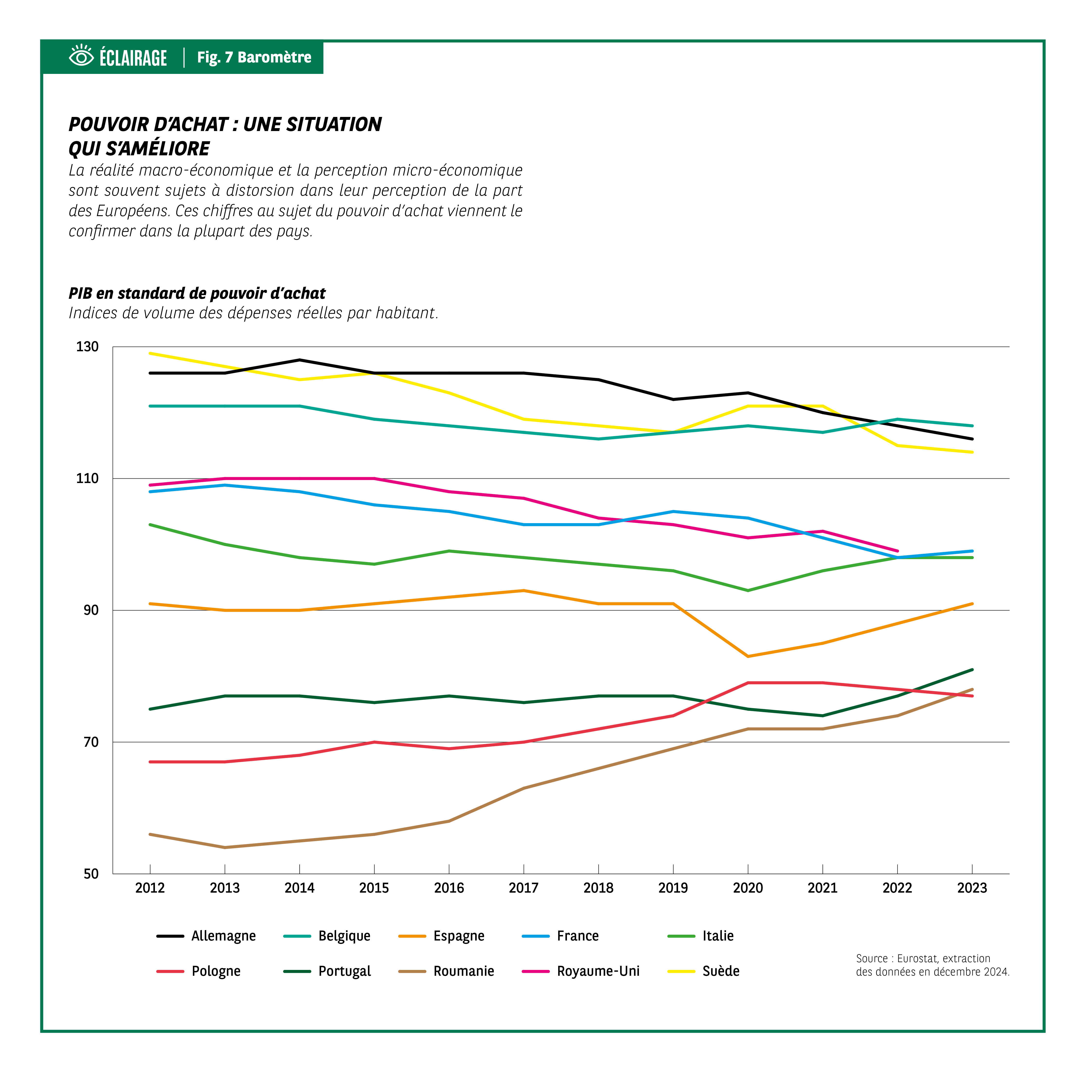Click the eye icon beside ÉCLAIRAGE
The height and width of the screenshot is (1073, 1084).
coord(81,57)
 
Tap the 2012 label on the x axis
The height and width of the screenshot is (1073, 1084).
coord(150,888)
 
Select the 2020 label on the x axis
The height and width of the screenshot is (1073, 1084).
coord(748,888)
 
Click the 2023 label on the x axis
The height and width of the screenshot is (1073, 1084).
coord(972,888)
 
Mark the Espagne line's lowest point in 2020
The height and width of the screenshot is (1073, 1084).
coord(748,656)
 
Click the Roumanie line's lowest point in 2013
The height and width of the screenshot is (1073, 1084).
coord(225,847)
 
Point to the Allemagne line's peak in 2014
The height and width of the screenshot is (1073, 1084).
coord(300,360)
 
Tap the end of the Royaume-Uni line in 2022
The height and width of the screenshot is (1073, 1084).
coord(897,551)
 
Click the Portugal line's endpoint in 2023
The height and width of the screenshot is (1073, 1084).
coord(972,670)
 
